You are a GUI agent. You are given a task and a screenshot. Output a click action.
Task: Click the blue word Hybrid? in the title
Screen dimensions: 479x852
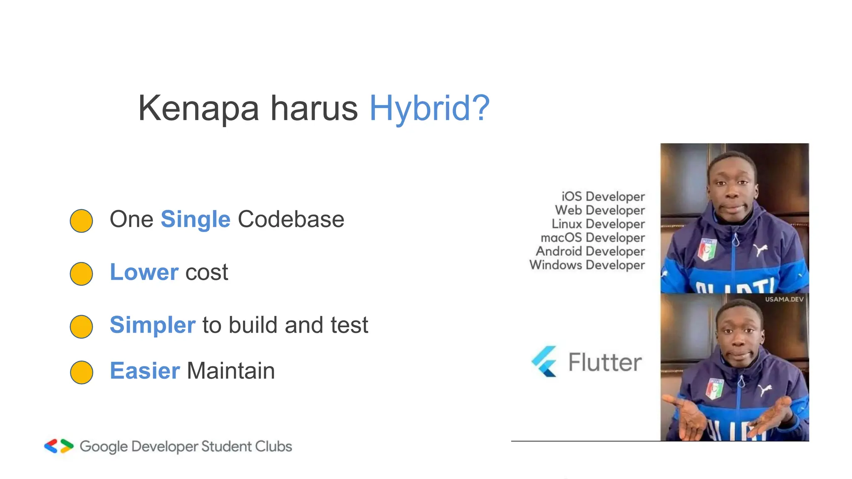(429, 108)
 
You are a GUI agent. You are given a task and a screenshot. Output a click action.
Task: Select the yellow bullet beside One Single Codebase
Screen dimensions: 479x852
(81, 221)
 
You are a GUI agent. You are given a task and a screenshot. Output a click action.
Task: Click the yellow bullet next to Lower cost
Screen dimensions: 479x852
(81, 274)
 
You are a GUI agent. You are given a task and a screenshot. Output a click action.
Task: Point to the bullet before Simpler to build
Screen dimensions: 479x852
(81, 326)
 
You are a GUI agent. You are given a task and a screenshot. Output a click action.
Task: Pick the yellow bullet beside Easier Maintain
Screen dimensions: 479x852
(81, 372)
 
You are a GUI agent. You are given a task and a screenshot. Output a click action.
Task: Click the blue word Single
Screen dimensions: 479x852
(195, 220)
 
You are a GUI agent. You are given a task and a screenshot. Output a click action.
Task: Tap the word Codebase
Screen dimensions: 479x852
(291, 220)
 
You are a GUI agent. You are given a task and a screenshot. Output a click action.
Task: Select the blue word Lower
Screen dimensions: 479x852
(144, 272)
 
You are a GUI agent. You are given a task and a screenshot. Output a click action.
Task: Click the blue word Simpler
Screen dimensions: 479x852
(152, 325)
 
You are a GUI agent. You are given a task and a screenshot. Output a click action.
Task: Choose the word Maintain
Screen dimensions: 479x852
(231, 371)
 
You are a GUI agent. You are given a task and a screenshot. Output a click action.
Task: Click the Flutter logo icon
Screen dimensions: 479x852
(544, 361)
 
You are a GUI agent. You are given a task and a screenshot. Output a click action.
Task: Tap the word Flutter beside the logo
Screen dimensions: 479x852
(605, 362)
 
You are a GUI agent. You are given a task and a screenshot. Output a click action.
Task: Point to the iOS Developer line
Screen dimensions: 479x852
(603, 196)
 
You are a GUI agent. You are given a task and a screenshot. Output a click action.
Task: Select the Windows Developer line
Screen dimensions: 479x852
(587, 265)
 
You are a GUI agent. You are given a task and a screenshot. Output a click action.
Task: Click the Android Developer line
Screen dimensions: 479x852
(590, 251)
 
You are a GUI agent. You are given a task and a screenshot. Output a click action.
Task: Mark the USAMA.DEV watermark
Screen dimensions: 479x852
(784, 299)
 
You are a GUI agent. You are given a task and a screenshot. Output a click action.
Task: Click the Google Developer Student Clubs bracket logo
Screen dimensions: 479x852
(59, 446)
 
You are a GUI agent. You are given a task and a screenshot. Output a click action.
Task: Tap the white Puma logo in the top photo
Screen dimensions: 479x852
(760, 249)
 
